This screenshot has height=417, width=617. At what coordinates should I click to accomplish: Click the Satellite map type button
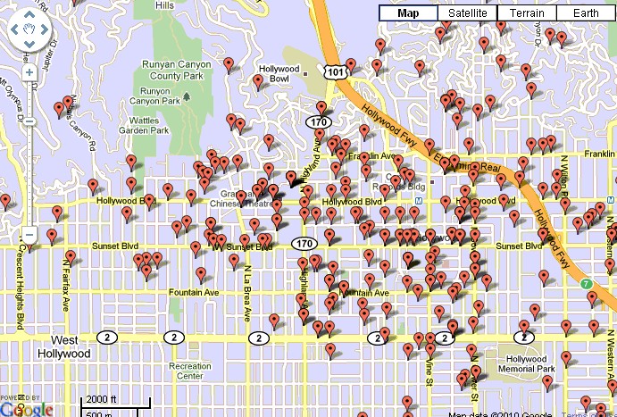point(467,13)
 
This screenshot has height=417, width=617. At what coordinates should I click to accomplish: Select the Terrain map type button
point(526,13)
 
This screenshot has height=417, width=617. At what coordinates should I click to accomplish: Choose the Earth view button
point(585,13)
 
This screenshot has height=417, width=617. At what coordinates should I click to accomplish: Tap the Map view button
point(408,13)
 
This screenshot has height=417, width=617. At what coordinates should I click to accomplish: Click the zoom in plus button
point(29,71)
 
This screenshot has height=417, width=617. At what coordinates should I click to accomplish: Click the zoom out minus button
point(29,236)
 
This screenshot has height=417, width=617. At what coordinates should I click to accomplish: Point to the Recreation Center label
point(190,371)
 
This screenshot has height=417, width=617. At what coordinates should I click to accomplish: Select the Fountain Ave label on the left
point(196,292)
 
